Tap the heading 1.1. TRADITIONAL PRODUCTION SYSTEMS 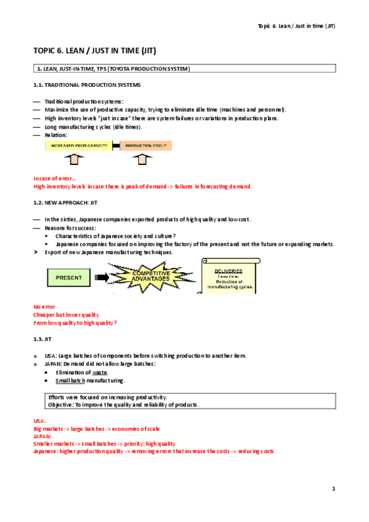click(87, 84)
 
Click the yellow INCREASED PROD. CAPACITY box click(78, 146)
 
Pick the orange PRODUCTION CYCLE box click(145, 146)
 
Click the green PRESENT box click(68, 278)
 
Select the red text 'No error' click(44, 306)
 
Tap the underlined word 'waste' click(99, 372)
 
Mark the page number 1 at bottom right click(333, 489)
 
